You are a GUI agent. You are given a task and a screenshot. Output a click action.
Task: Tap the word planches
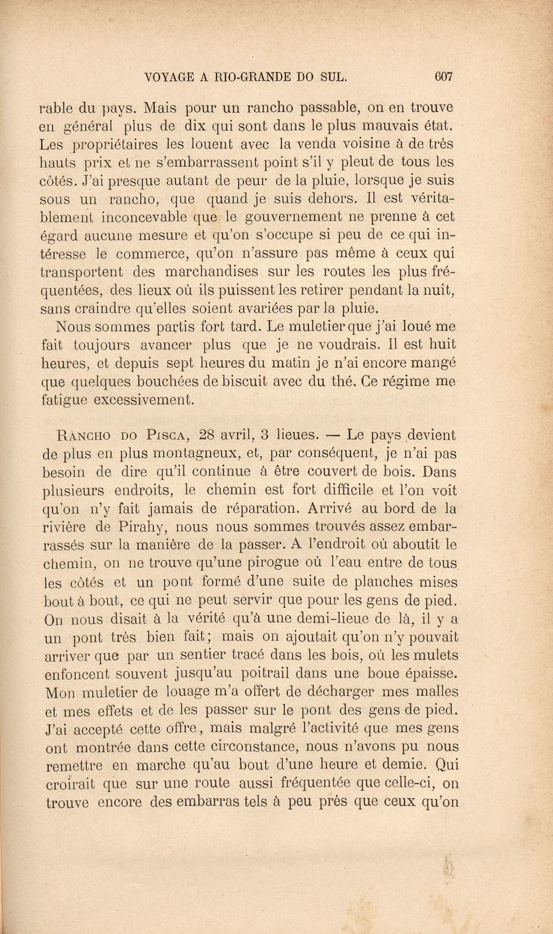pos(386,582)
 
